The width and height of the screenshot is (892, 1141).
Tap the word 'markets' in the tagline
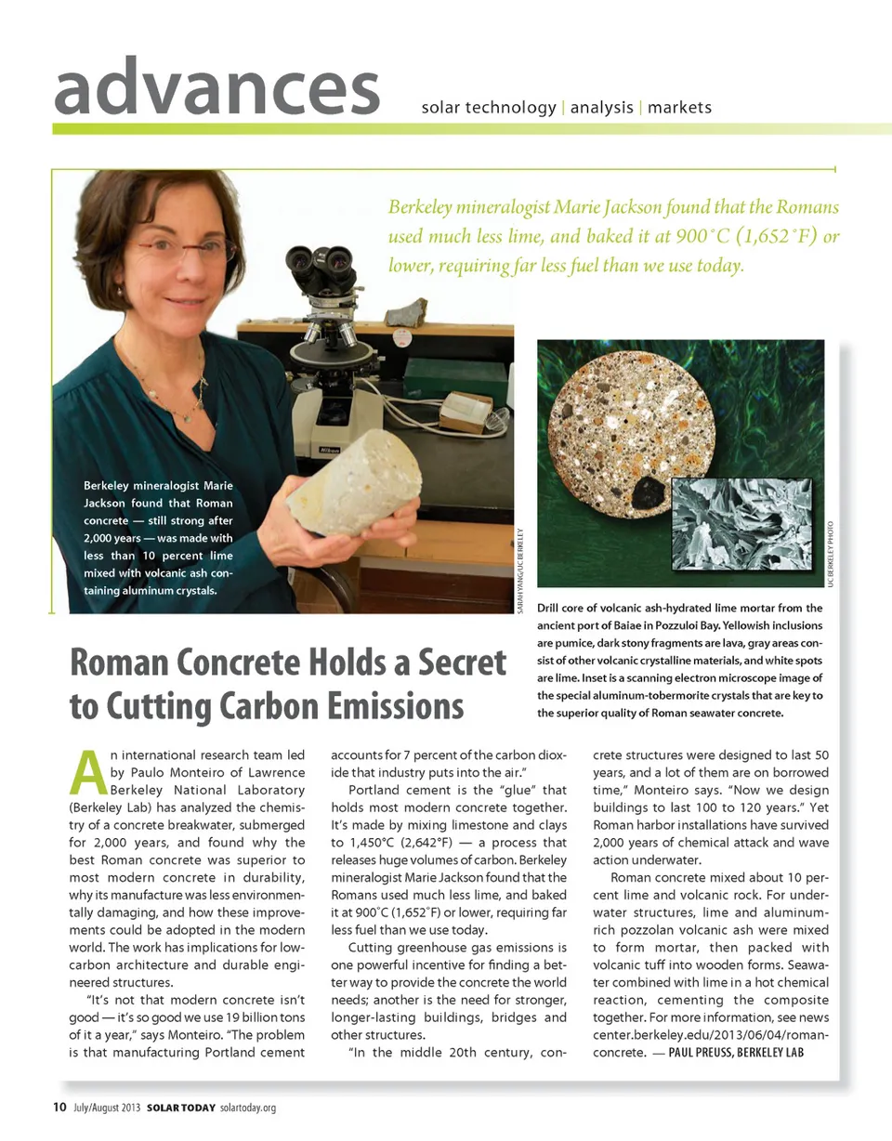(679, 108)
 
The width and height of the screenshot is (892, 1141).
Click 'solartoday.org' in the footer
(248, 1108)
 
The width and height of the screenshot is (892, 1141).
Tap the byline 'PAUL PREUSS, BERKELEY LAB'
(735, 1053)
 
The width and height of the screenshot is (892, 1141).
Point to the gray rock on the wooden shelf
(406, 314)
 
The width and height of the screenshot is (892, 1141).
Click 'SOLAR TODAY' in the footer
(180, 1108)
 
